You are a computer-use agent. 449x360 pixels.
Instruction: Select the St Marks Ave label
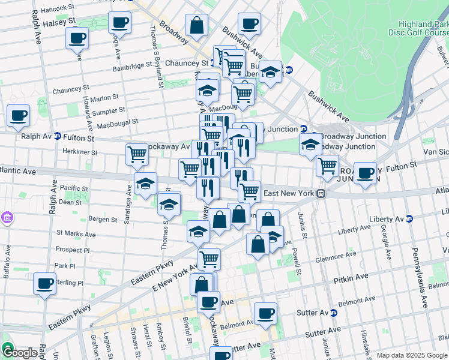[x=73, y=232]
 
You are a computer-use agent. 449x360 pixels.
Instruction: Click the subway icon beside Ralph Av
[x=58, y=136]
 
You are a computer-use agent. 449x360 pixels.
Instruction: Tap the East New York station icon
[x=322, y=193]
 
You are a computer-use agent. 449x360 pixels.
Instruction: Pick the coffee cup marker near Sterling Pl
[x=44, y=283]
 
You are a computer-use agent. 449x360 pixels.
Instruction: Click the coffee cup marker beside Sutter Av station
[x=265, y=313]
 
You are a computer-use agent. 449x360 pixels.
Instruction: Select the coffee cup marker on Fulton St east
[x=364, y=173]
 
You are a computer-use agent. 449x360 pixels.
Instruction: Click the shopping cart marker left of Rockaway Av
[x=137, y=154]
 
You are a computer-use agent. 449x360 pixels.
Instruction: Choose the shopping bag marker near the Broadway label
[x=196, y=25]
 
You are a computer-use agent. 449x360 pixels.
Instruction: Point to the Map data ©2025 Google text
[x=412, y=355]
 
